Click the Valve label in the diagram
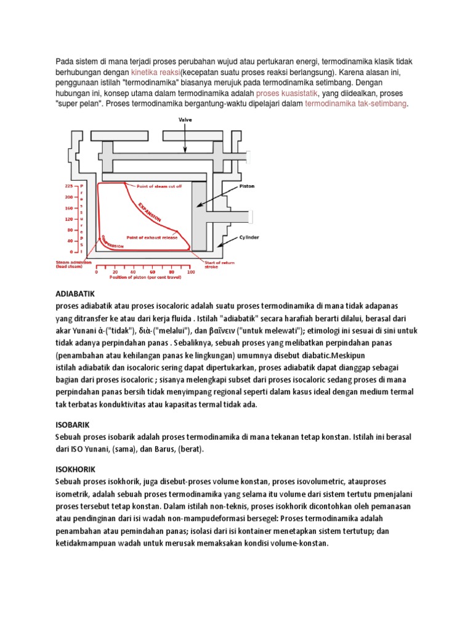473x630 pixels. [x=185, y=121]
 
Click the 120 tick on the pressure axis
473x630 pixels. [x=69, y=218]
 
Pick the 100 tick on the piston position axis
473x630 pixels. [x=190, y=271]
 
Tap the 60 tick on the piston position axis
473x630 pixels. [x=153, y=271]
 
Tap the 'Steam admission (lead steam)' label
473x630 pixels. [x=69, y=265]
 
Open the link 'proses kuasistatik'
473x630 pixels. [x=290, y=93]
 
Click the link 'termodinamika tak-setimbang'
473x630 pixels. [x=356, y=104]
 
